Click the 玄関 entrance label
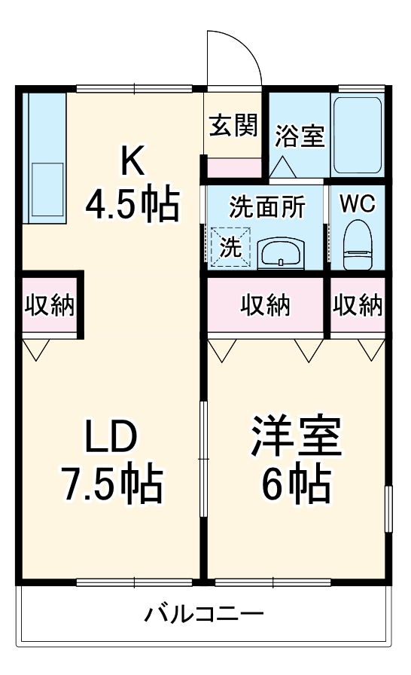pos(233,125)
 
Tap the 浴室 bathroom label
pos(299,136)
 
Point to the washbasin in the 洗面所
pos(279,253)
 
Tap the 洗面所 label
pos(263,207)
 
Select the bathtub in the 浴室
pos(357,135)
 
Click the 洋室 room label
pos(297,438)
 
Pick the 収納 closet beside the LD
pos(49,305)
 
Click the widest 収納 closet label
pos(266,305)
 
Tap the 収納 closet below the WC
pos(358,305)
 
